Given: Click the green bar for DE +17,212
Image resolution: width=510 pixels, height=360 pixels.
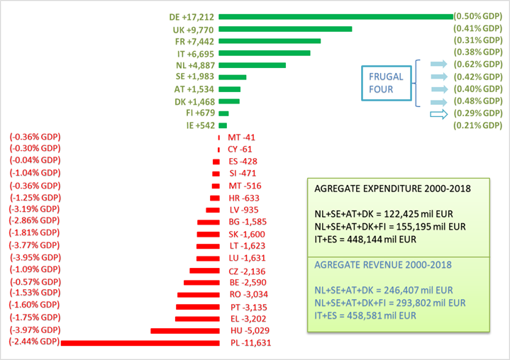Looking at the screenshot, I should coord(336,17).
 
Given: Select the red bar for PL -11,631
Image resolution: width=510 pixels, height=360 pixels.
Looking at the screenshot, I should coord(140,343).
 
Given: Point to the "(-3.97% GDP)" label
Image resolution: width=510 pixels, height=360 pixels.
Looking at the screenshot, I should coord(35,331).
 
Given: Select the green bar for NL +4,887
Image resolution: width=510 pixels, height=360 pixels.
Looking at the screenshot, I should coord(252,65).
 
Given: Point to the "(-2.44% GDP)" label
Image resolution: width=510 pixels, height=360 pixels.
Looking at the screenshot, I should coord(34,343).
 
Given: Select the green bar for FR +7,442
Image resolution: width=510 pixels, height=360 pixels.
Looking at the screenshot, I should coord(270,41).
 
